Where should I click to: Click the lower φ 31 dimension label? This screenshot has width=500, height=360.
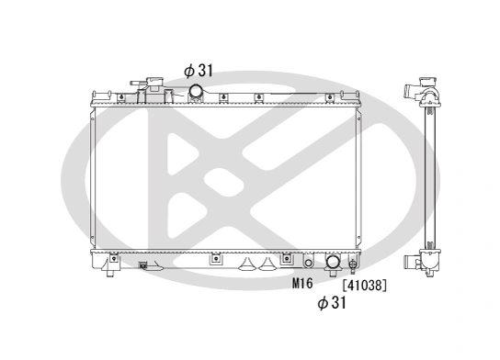point(331,302)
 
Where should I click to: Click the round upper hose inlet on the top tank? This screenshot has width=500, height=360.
point(197,91)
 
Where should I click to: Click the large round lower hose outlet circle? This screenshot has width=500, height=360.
point(333,264)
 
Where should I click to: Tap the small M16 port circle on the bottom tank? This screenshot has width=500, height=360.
point(309,262)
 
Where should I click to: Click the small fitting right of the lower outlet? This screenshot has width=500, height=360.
point(353,264)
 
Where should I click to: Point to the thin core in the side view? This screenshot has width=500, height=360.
point(428,174)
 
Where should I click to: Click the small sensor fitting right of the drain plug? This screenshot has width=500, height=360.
point(143,267)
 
